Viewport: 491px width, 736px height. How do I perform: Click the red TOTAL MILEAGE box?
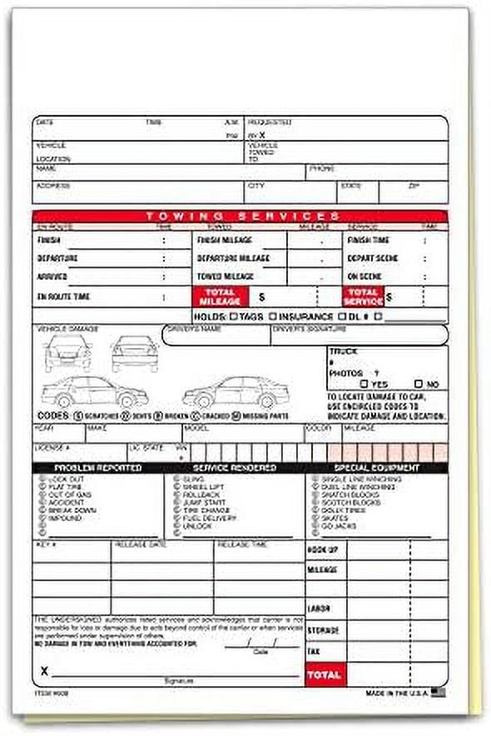click(x=220, y=296)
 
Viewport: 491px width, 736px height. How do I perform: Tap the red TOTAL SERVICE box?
click(x=364, y=296)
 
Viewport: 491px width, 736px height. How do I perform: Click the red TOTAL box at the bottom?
click(x=325, y=674)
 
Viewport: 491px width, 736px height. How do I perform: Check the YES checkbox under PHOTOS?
click(x=365, y=385)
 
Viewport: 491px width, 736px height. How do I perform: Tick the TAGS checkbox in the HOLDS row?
click(x=235, y=316)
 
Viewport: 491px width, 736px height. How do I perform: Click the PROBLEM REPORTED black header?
click(x=98, y=468)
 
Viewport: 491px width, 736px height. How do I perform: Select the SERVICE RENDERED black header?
click(x=236, y=468)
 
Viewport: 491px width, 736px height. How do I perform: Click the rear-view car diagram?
click(x=135, y=353)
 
